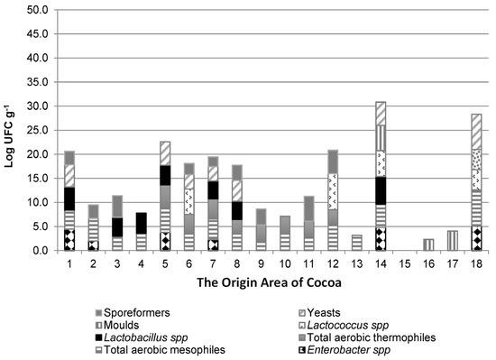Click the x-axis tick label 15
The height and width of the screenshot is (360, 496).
click(405, 263)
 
